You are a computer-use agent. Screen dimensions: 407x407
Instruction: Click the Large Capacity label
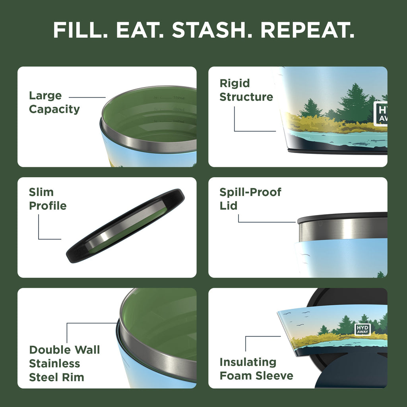(x=54, y=102)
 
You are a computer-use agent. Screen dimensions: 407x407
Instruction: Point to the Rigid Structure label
(x=246, y=90)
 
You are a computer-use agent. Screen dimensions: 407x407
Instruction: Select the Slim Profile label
(x=47, y=199)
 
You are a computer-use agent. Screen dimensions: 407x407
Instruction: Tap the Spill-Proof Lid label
(x=250, y=199)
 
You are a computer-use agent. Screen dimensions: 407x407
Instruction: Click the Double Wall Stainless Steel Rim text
(x=64, y=363)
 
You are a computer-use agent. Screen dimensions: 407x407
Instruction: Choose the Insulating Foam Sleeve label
(x=256, y=369)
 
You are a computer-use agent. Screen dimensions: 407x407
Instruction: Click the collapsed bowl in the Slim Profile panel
(x=125, y=226)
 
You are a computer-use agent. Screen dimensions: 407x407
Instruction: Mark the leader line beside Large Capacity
(x=87, y=97)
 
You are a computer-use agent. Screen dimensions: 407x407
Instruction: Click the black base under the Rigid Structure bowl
(x=338, y=151)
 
